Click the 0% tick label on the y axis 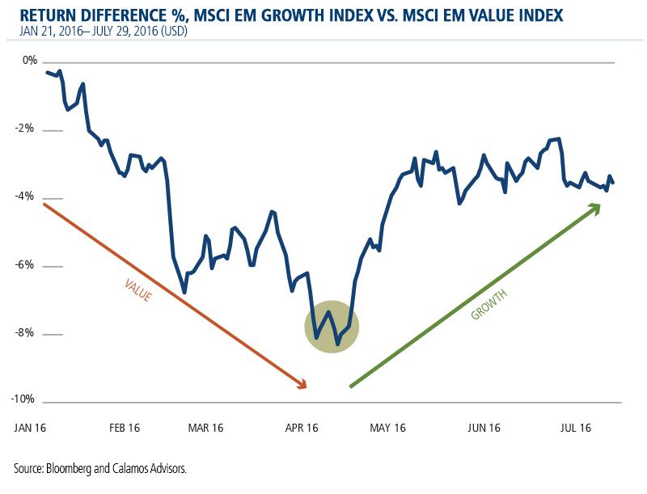[30, 61]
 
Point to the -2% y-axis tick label [28, 129]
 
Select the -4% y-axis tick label [28, 196]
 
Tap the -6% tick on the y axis [28, 265]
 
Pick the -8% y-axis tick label [28, 333]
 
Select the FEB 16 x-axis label [125, 426]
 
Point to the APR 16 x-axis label [301, 426]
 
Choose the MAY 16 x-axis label [387, 426]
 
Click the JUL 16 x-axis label [576, 426]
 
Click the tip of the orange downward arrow [305, 386]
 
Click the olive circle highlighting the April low [332, 326]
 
